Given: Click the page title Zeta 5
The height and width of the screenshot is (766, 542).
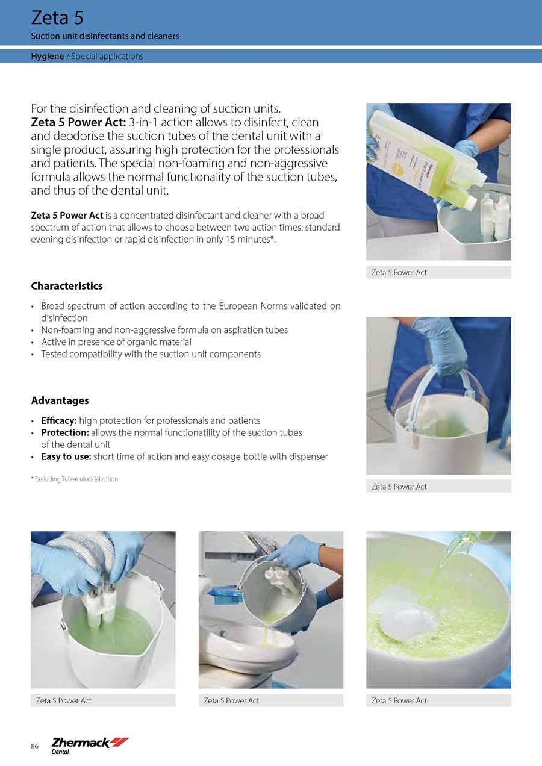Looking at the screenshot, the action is tap(57, 18).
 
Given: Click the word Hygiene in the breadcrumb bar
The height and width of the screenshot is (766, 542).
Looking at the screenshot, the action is tap(47, 56).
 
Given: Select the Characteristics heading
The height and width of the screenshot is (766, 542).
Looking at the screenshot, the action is tap(67, 286).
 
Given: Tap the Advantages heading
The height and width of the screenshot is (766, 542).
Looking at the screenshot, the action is tap(60, 400).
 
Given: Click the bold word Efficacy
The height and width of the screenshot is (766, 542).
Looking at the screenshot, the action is tap(59, 420).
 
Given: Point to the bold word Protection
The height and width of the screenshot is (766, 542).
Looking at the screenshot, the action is tap(65, 432).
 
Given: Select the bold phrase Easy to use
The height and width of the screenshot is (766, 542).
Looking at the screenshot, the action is tap(66, 457).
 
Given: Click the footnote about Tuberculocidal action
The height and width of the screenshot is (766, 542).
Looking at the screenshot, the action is tap(75, 479).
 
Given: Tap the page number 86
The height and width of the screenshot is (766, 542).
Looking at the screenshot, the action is tap(34, 746).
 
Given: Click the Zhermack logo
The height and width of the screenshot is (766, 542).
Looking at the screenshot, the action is tap(90, 746).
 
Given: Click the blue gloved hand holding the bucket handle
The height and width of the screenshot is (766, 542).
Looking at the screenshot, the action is tap(441, 346).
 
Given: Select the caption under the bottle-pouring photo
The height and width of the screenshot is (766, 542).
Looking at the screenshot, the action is tap(399, 273).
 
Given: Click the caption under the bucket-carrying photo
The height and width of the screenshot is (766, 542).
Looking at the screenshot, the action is tap(399, 487).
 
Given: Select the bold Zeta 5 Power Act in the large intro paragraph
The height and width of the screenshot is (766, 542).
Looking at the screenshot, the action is tap(79, 122).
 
